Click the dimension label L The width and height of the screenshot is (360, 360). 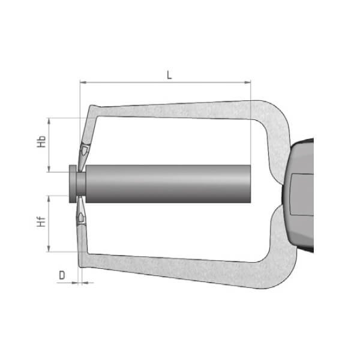pyautogui.click(x=169, y=75)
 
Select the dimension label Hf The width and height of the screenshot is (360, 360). pyautogui.click(x=41, y=223)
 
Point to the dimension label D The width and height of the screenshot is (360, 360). pyautogui.click(x=62, y=275)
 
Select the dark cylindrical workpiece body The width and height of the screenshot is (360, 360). pyautogui.click(x=168, y=183)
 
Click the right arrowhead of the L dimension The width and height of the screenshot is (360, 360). pyautogui.click(x=247, y=83)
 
